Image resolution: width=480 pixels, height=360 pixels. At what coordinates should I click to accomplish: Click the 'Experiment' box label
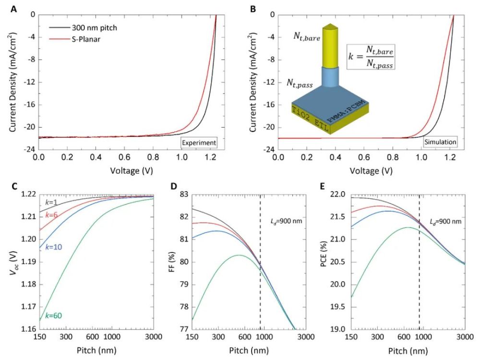pos(199,142)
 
